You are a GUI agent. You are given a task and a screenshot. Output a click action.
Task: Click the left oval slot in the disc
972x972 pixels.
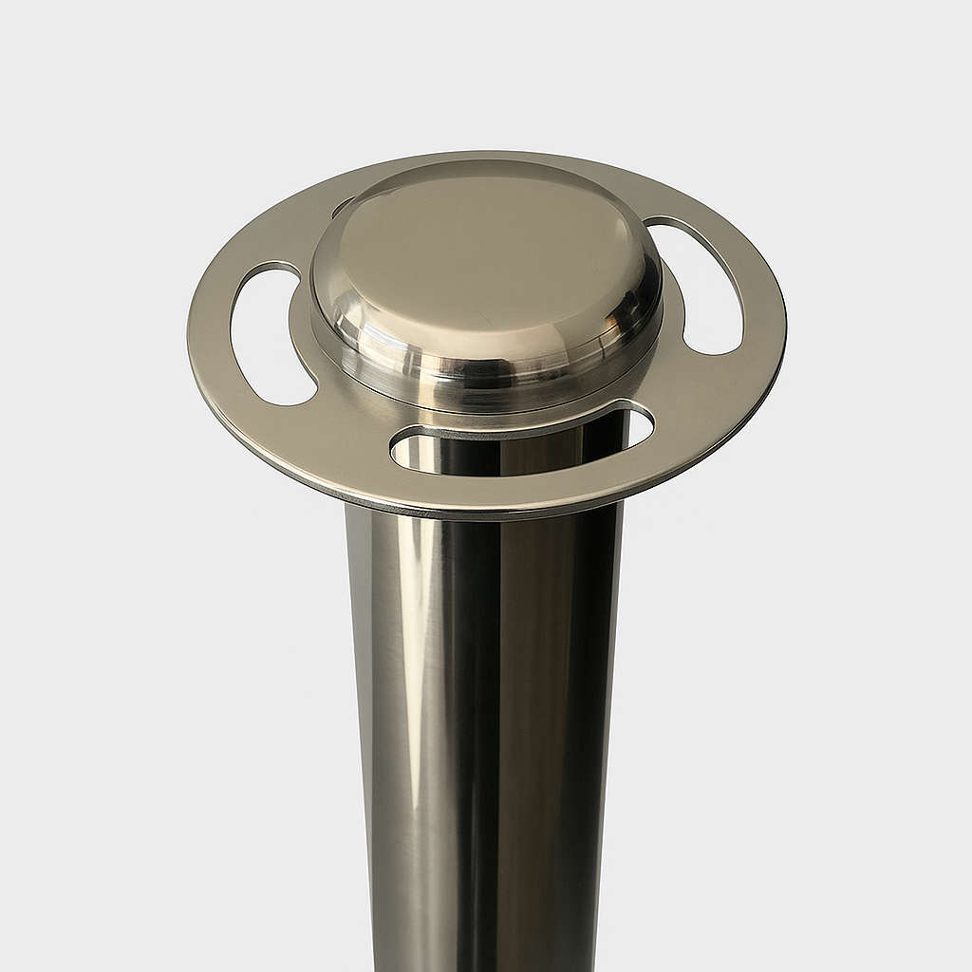click(270, 335)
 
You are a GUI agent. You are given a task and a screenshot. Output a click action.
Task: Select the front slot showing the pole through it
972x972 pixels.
click(522, 441)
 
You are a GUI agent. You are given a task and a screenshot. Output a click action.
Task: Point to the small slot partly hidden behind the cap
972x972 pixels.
click(342, 205)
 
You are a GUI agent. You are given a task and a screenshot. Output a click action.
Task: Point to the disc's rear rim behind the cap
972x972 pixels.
click(494, 155)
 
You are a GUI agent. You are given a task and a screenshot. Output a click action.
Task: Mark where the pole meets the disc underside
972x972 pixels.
click(484, 517)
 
